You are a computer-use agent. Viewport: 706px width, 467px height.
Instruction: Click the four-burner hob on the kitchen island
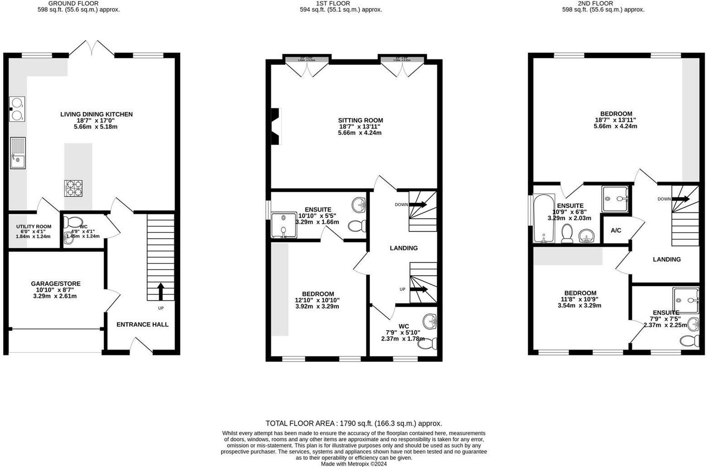click(x=73, y=188)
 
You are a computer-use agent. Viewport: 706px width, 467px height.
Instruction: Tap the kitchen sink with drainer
click(x=18, y=153)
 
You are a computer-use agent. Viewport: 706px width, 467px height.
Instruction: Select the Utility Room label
click(x=34, y=227)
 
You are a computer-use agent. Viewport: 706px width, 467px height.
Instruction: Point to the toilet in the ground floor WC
click(x=73, y=222)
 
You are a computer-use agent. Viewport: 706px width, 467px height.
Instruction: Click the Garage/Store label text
click(x=56, y=283)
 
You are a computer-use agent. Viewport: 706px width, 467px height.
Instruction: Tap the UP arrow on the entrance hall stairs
click(x=161, y=292)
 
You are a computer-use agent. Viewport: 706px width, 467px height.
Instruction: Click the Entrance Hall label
click(x=142, y=324)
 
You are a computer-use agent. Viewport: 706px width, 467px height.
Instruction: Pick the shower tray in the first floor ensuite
click(x=284, y=224)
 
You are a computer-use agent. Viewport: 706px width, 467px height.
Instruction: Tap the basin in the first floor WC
click(x=430, y=321)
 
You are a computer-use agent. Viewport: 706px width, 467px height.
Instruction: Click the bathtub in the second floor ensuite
click(x=544, y=218)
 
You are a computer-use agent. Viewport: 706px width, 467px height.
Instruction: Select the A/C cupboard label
click(x=616, y=230)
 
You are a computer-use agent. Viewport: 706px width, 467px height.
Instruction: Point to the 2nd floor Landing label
click(x=666, y=259)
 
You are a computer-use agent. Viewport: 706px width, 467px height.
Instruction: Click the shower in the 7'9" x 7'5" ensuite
click(x=686, y=300)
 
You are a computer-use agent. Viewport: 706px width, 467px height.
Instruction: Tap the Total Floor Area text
click(x=354, y=423)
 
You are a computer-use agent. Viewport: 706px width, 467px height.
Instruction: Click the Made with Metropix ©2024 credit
click(x=354, y=464)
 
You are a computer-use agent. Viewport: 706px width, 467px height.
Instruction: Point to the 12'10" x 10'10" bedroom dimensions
click(x=317, y=300)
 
